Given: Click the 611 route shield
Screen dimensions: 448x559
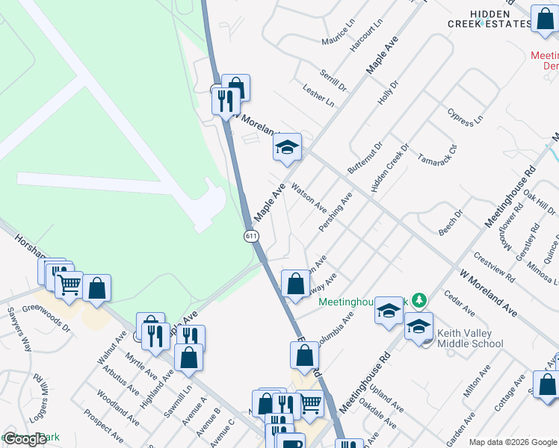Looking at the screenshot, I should (251, 235).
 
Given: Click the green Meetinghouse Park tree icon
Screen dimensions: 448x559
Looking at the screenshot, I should (419, 300).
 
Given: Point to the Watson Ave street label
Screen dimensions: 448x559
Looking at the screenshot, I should (309, 197).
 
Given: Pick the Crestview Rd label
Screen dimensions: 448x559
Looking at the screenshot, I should (494, 265).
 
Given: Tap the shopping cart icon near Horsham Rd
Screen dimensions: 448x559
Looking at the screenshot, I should (69, 283).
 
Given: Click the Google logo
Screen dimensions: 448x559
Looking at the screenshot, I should (25, 440).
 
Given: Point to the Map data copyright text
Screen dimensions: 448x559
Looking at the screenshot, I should (513, 442).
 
